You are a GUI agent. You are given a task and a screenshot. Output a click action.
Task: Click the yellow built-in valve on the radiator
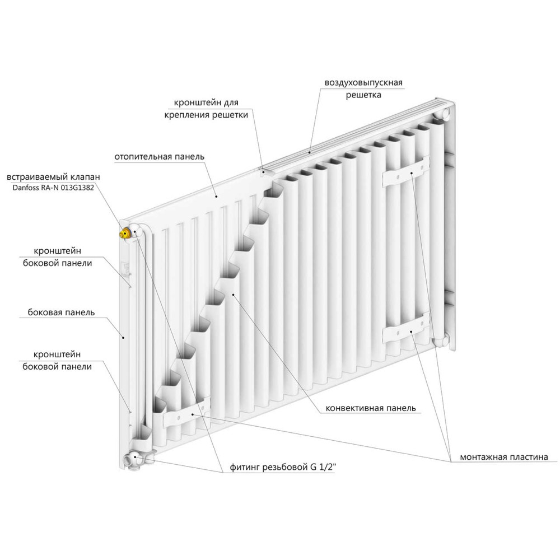click(125, 232)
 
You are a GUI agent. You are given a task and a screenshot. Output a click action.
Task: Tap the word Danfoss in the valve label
click(24, 188)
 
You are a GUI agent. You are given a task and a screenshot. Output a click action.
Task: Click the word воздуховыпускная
click(363, 83)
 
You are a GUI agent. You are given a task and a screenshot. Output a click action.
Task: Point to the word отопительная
click(142, 156)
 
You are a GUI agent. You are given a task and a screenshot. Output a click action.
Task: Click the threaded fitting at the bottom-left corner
click(134, 460)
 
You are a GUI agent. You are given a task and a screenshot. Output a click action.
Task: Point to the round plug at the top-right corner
click(442, 114)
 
